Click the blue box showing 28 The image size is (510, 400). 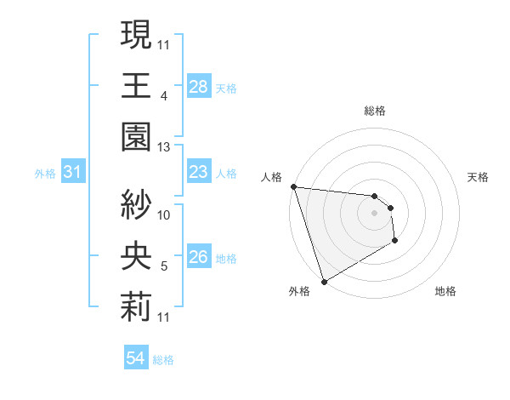(x=198, y=86)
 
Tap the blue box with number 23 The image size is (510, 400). (x=198, y=173)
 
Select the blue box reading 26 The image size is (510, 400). (x=198, y=257)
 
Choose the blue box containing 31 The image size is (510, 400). (x=72, y=173)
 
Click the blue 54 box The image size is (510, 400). (x=135, y=358)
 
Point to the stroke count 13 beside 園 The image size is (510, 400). (x=164, y=148)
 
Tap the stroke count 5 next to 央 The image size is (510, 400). (x=164, y=267)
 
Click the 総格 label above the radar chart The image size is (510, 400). (x=374, y=111)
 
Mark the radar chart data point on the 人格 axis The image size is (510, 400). (x=293, y=186)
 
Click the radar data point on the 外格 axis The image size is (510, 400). (x=324, y=281)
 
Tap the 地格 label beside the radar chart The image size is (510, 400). (x=445, y=291)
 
